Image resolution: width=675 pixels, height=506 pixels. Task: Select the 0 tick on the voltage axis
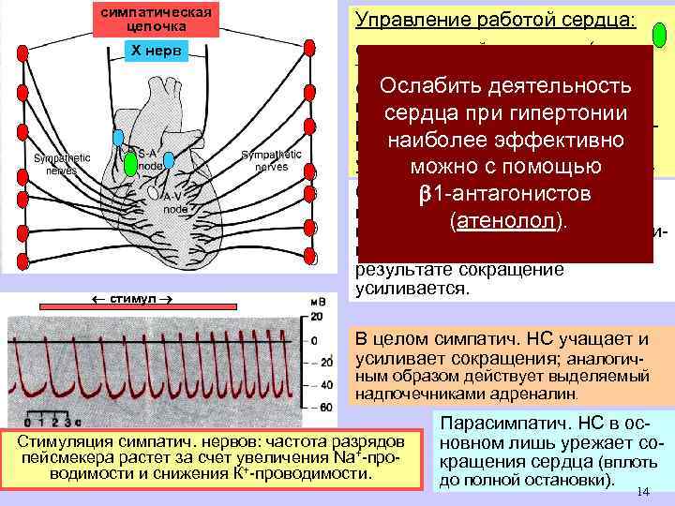click(x=318, y=339)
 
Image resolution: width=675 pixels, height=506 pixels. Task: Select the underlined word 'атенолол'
click(x=502, y=226)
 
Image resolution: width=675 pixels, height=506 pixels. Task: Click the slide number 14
click(x=642, y=493)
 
